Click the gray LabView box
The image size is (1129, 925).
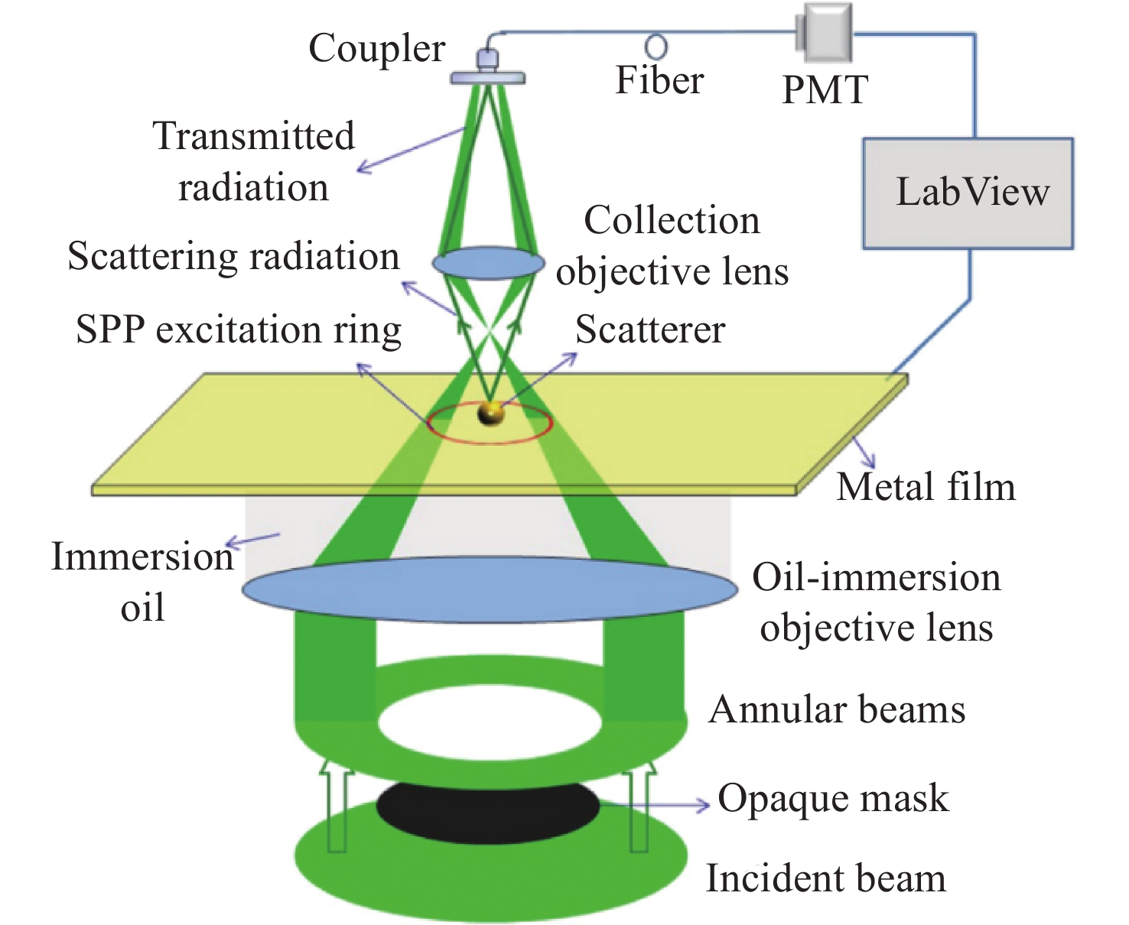pos(968,193)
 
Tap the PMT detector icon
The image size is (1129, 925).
pos(823,32)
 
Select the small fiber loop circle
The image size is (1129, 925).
pos(656,47)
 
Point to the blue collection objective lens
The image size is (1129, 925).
pos(488,263)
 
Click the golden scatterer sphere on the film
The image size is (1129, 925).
pos(490,414)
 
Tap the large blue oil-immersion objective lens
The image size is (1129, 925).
pos(490,589)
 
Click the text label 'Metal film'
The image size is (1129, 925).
pos(926,487)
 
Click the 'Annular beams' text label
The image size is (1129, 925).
pos(837,709)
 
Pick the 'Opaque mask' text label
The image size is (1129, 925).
pos(833,800)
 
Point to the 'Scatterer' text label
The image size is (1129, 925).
pos(650,329)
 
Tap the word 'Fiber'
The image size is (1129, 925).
pos(659,80)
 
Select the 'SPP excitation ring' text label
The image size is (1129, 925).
pos(239,330)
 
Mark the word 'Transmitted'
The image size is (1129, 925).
pos(254,135)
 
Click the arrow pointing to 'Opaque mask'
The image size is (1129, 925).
pos(654,803)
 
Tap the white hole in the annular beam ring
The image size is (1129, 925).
pos(490,722)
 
